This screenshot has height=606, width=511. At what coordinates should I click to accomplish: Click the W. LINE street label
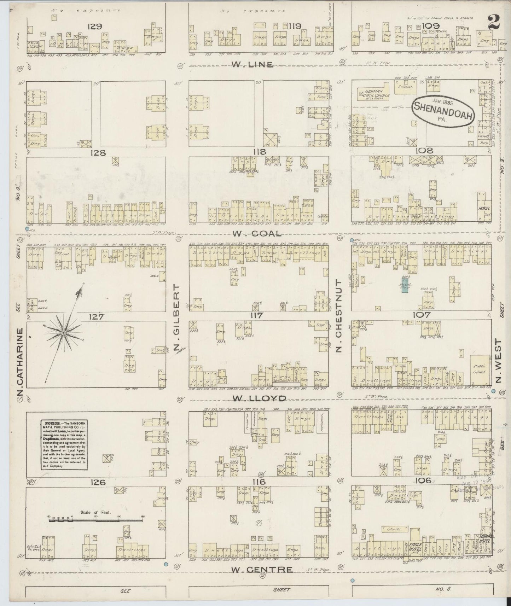click(253, 64)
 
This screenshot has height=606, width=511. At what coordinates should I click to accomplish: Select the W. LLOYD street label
click(259, 398)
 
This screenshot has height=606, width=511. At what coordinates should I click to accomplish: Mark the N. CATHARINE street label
click(20, 362)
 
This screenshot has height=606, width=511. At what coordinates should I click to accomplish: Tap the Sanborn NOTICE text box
click(64, 445)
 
